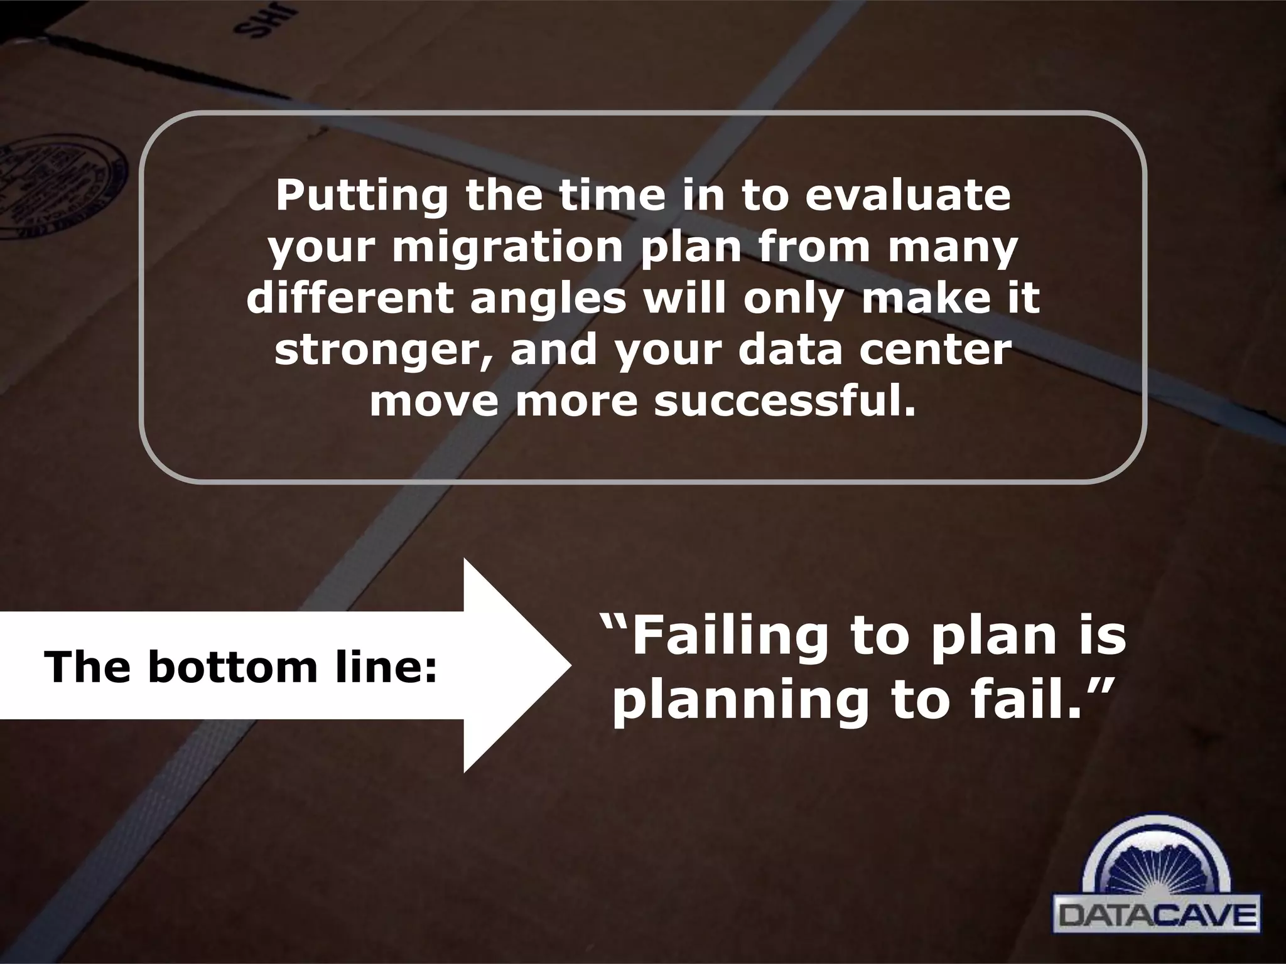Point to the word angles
(548, 299)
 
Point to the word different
(349, 299)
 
